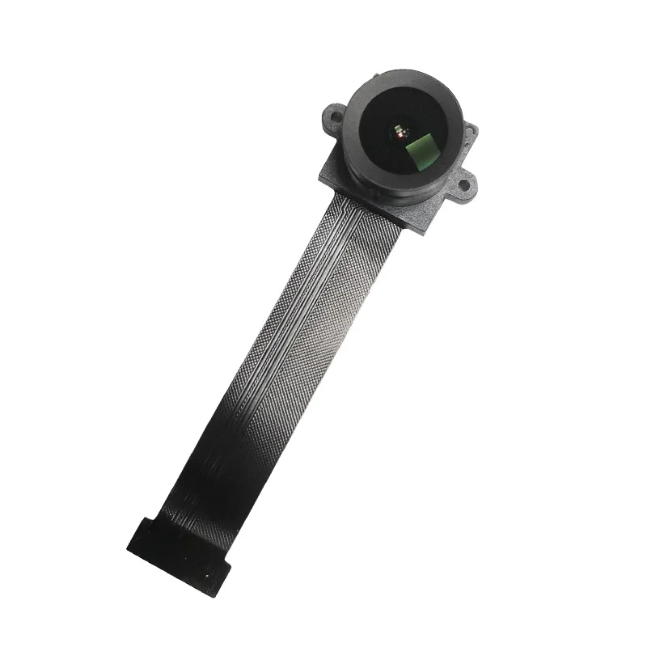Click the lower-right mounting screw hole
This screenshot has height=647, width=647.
467,186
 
